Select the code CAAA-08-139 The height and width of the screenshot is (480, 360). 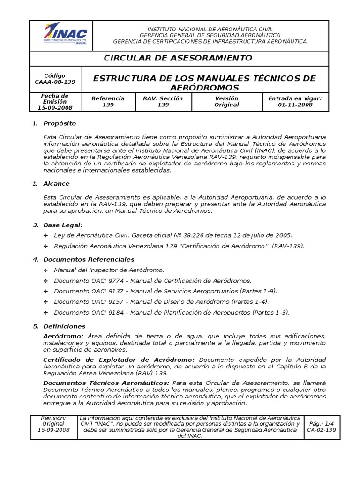55,82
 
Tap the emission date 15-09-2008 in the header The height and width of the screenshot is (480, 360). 55,108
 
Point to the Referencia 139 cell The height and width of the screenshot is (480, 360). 108,102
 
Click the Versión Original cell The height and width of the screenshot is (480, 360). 226,102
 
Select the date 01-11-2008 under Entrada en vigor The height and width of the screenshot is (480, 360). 295,105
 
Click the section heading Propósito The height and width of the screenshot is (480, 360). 60,123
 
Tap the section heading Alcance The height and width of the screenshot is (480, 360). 56,184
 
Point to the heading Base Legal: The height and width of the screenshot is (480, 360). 63,225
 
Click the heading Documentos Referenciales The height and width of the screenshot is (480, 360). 89,259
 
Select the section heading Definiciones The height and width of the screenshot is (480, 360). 64,326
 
